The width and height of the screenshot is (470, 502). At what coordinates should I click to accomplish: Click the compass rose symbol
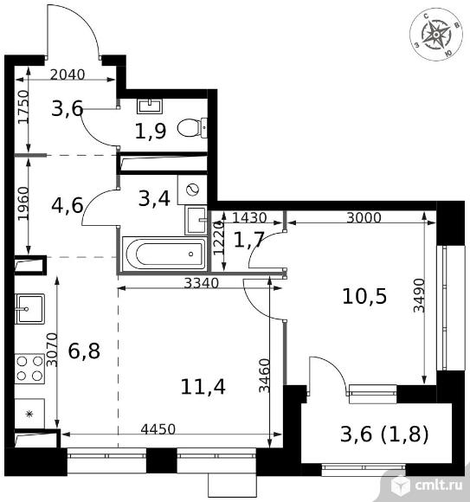436,34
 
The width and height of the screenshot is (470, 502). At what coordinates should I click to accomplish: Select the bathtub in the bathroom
164,254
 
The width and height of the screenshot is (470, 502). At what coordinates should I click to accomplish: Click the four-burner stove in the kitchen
29,368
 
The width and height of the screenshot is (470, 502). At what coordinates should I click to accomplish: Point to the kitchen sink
29,309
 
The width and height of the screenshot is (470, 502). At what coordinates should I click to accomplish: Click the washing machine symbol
192,190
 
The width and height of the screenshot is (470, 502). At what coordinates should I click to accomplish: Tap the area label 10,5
364,296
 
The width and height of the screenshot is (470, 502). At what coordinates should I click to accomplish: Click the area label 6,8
84,351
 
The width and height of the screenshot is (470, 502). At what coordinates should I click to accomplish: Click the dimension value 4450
158,429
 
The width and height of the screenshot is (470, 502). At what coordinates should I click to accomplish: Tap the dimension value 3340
202,283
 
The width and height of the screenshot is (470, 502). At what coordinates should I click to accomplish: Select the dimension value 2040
68,74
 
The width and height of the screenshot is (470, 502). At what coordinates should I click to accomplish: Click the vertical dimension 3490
419,295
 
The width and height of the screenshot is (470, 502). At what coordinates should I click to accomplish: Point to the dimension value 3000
364,218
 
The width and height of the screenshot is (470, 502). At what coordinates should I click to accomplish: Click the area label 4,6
68,205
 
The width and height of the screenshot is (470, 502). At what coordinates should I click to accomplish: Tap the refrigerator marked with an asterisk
29,414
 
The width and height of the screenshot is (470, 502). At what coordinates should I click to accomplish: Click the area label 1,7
248,240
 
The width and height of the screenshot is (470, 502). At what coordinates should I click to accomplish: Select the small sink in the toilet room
150,106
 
